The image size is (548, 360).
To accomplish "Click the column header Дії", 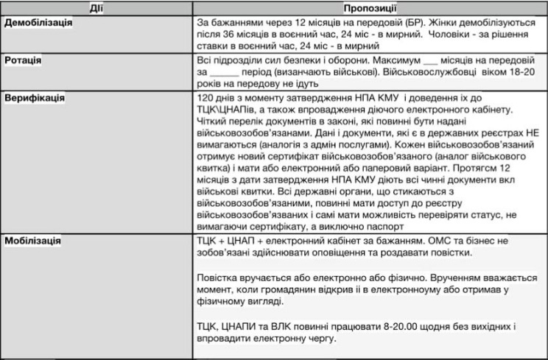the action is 96,8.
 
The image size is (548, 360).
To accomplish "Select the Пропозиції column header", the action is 370,8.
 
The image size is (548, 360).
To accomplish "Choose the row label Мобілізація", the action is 33,241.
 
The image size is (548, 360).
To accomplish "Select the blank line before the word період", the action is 225,72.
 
